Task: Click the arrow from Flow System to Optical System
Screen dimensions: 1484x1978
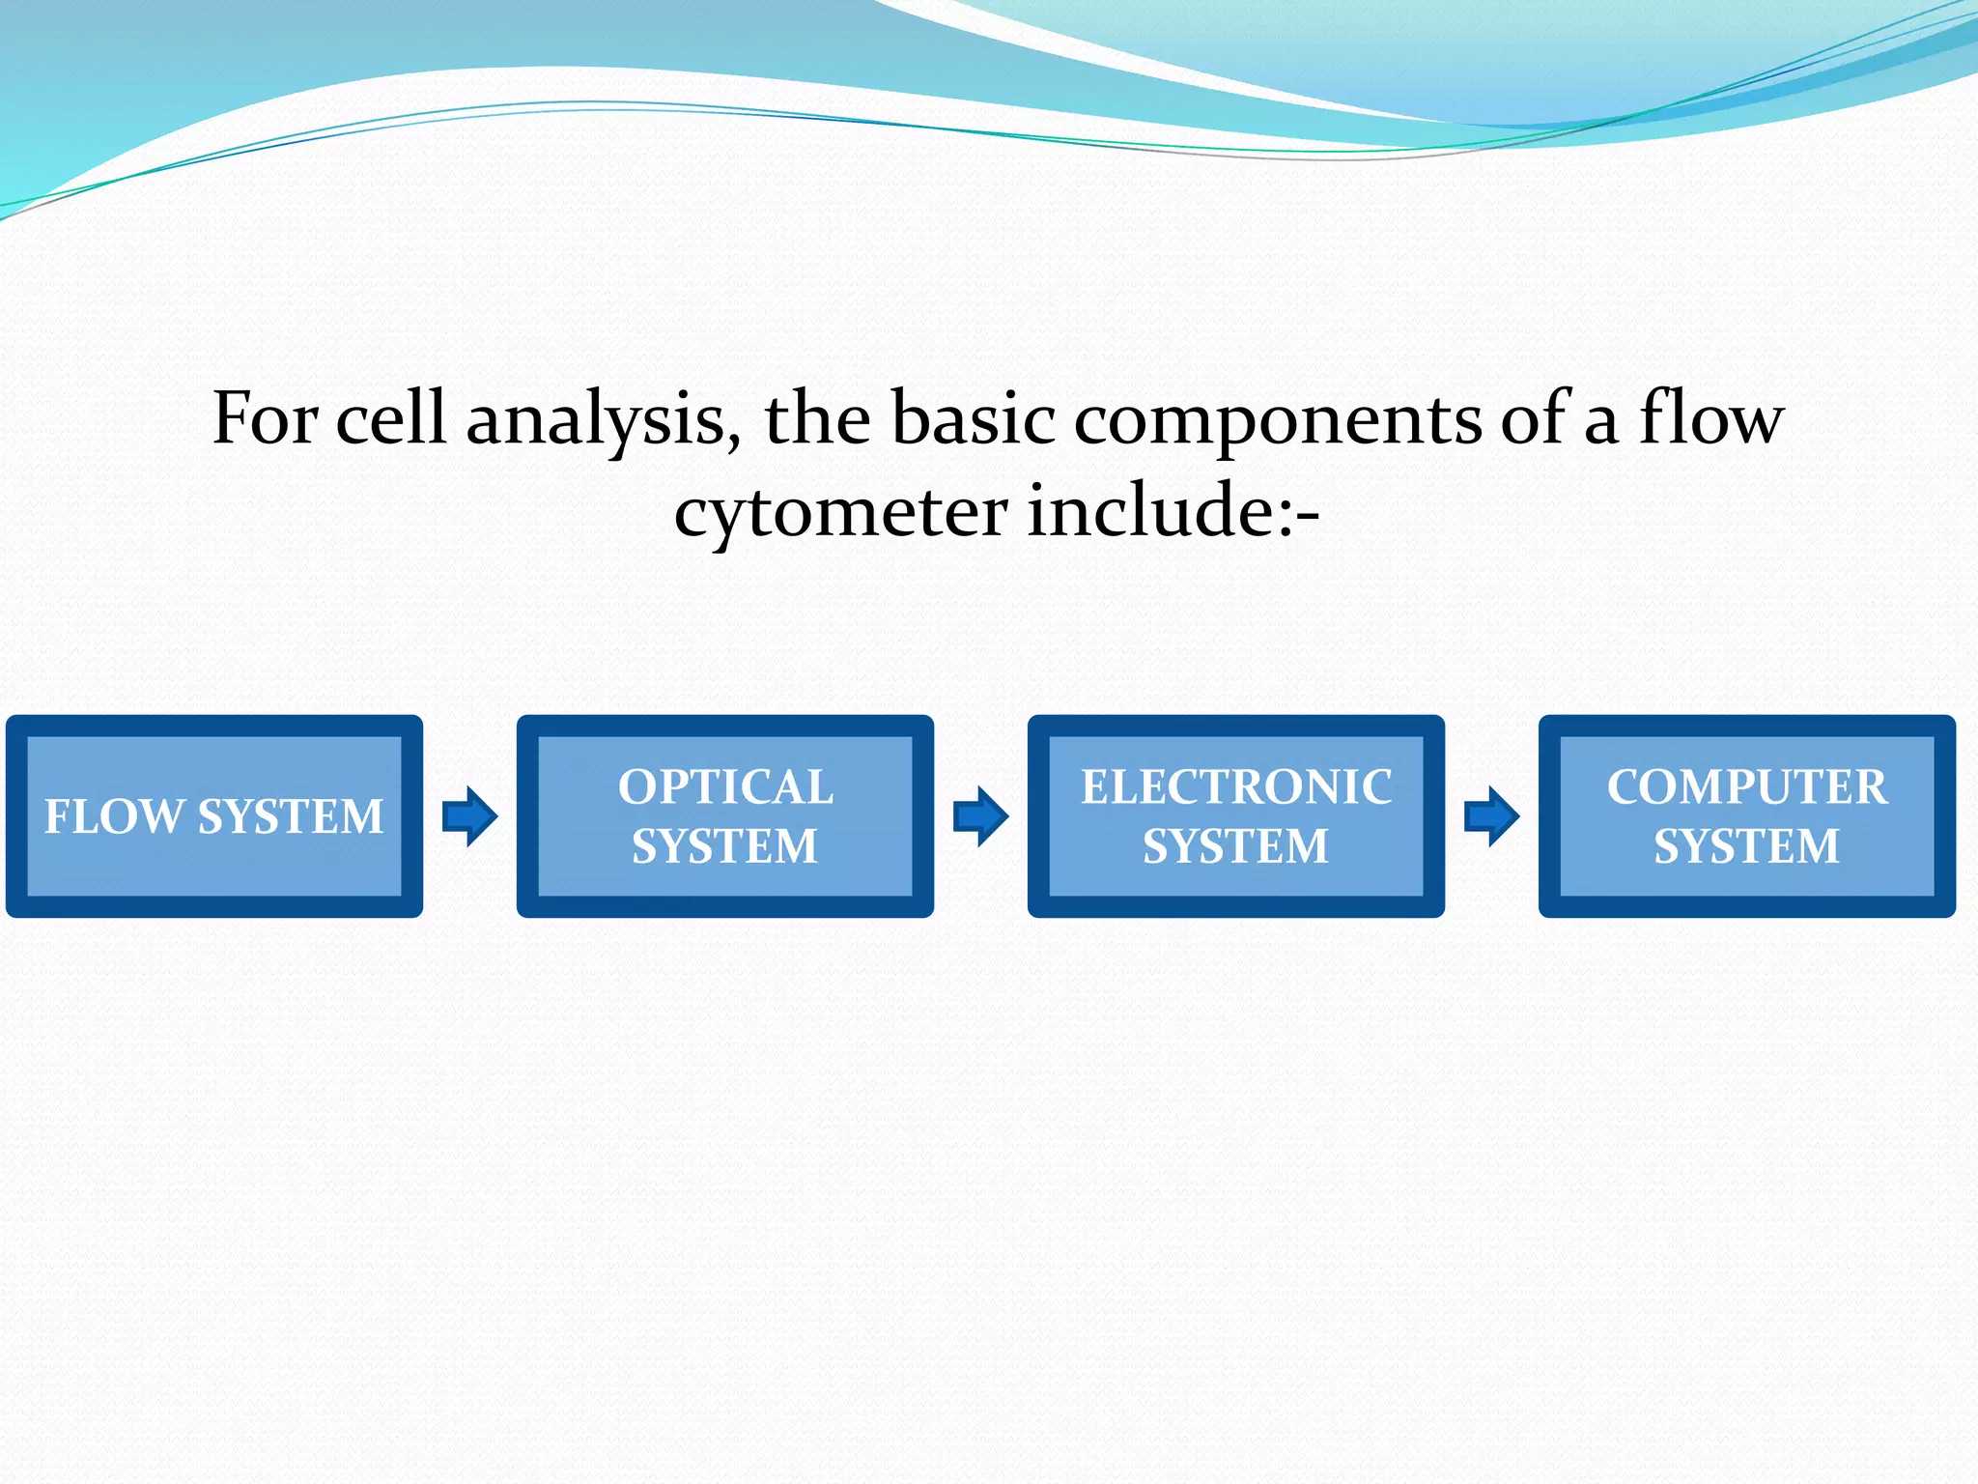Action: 469,816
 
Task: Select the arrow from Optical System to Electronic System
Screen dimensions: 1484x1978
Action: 980,816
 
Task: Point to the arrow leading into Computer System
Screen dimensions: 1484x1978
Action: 1491,816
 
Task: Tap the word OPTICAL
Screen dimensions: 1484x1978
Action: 725,786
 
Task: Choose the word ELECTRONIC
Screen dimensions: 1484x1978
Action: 1235,786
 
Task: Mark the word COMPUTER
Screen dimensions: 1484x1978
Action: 1746,786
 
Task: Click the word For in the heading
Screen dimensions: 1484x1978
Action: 265,418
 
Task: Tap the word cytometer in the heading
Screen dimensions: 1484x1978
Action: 840,512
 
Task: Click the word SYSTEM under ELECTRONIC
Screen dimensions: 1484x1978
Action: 1235,846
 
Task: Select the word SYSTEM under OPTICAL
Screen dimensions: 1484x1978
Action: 724,846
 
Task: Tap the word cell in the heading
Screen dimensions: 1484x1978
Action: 390,418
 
